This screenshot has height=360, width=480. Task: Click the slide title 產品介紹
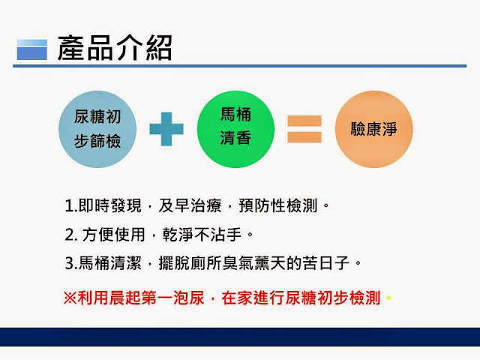point(115,49)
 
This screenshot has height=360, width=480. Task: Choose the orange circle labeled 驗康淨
point(373,129)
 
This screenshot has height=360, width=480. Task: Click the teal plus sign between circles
point(166,129)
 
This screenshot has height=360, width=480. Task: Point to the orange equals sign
point(304,129)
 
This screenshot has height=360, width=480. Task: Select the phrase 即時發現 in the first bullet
point(105,205)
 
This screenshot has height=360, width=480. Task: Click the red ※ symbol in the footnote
point(69,296)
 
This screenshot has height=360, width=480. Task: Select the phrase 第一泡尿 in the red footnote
point(172,296)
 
